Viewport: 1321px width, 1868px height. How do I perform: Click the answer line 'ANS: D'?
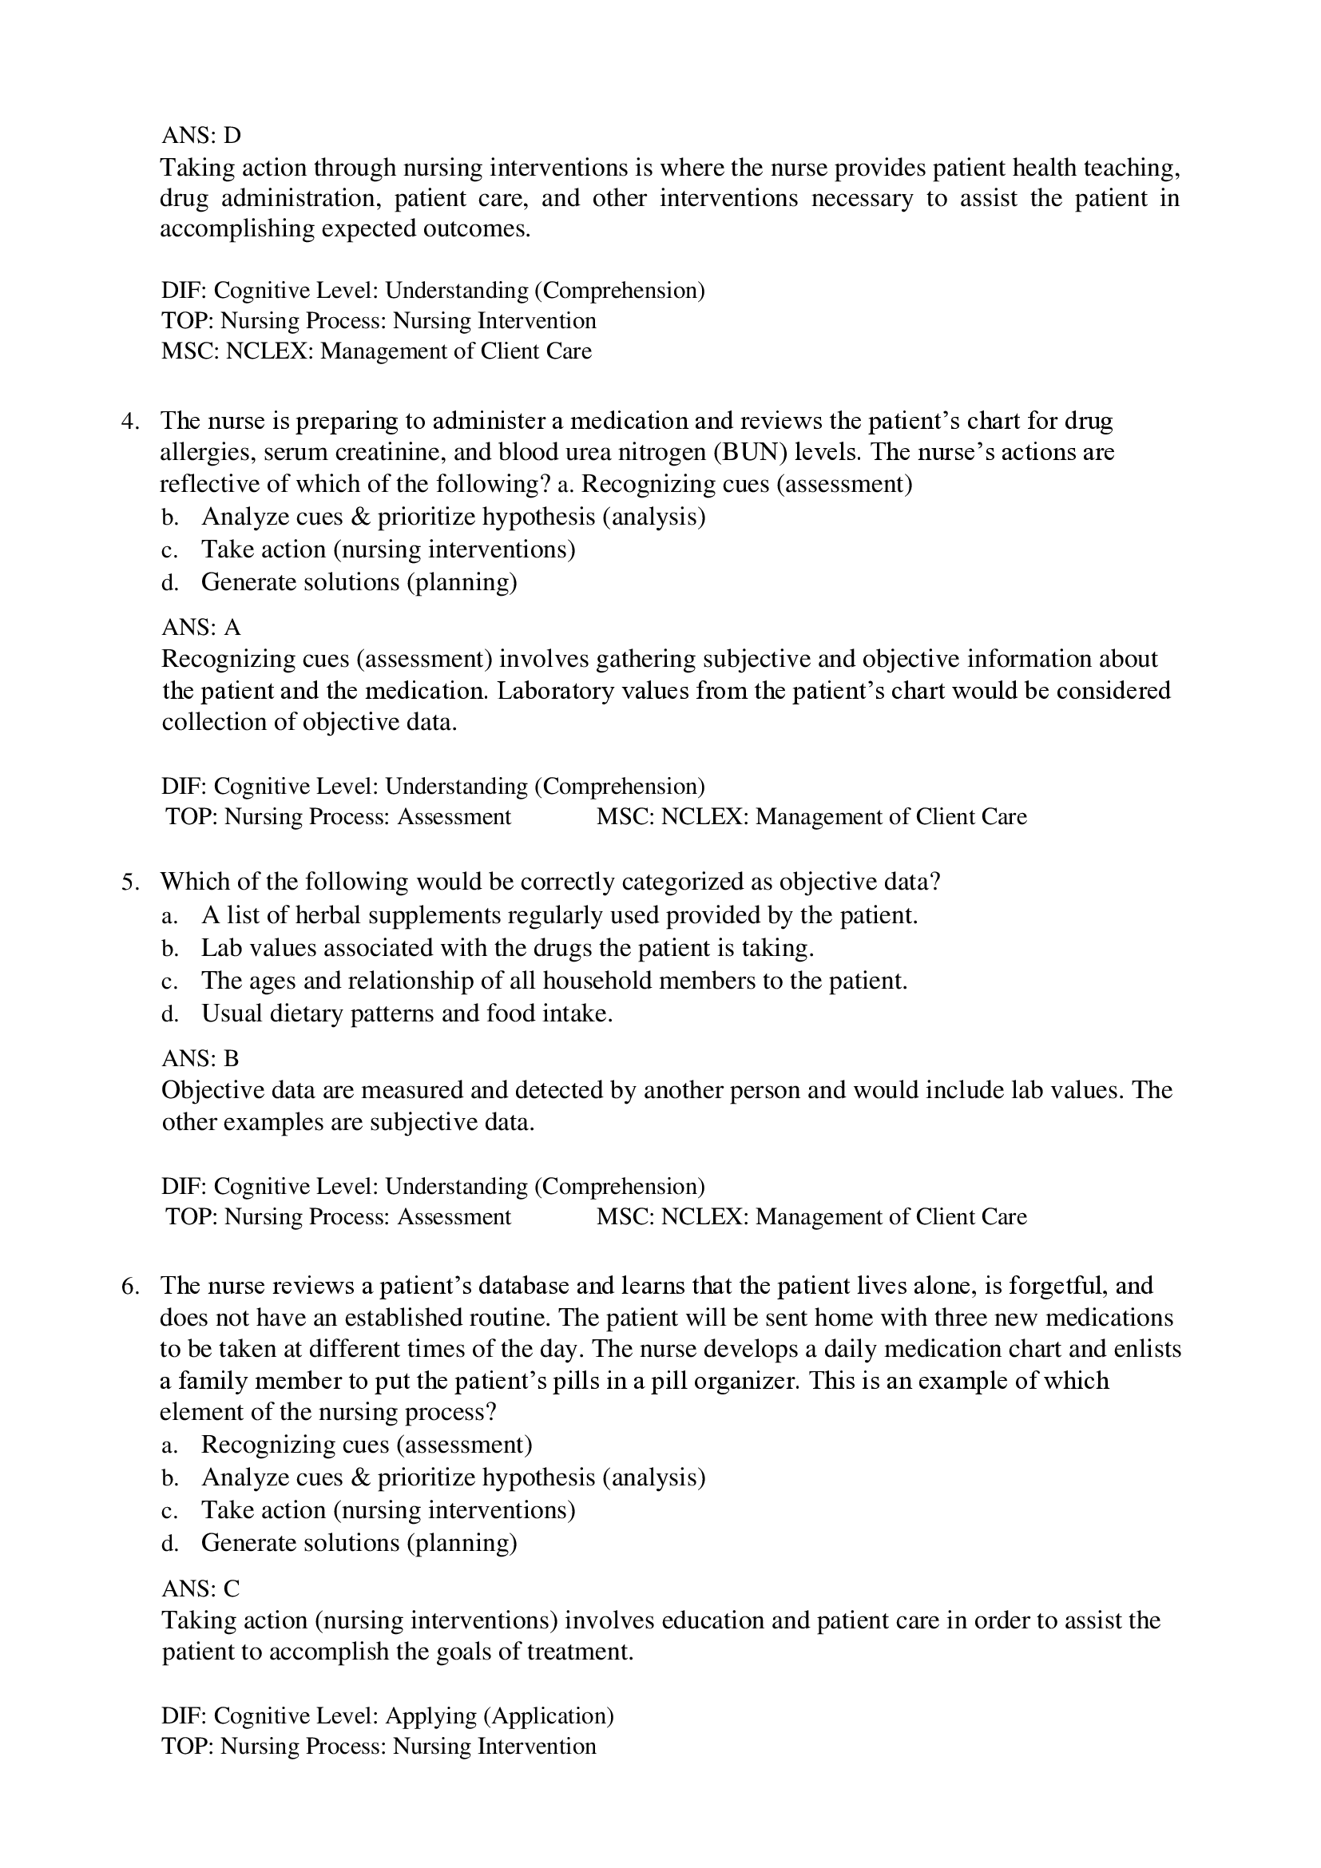coord(201,134)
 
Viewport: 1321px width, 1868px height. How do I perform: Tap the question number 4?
coord(129,421)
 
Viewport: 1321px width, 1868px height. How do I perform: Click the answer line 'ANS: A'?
coord(201,627)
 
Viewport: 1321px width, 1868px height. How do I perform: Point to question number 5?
coord(129,882)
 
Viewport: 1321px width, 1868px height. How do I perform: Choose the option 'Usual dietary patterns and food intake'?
coord(406,1013)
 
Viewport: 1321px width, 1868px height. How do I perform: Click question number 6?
coord(129,1286)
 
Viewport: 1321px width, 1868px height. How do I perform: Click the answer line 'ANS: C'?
coord(201,1588)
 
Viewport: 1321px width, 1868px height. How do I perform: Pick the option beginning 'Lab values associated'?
coord(507,948)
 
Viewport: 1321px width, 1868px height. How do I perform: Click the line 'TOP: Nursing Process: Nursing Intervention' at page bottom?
coord(379,1746)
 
